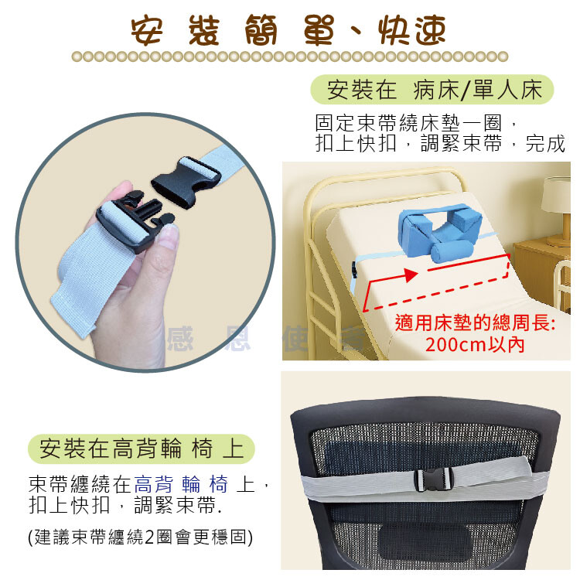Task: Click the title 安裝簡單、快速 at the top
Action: pos(288,30)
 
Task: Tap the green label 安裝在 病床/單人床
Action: pos(432,90)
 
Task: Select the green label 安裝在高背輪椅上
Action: pos(142,449)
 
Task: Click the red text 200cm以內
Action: pos(475,345)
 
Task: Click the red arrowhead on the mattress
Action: pos(411,275)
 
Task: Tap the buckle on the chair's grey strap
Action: pos(432,479)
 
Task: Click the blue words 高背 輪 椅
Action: pos(181,484)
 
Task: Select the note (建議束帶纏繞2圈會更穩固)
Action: pos(141,537)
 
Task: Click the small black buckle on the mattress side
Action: pos(354,271)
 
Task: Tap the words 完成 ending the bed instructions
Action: pos(545,144)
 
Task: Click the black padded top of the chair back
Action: pos(425,412)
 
